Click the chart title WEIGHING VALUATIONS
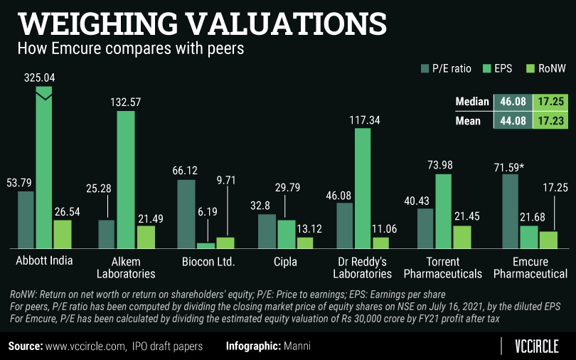(x=202, y=22)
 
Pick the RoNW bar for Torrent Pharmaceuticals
(x=462, y=236)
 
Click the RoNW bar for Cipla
(x=304, y=242)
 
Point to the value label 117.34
(x=363, y=120)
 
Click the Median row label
(x=471, y=102)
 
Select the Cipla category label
(x=285, y=261)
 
